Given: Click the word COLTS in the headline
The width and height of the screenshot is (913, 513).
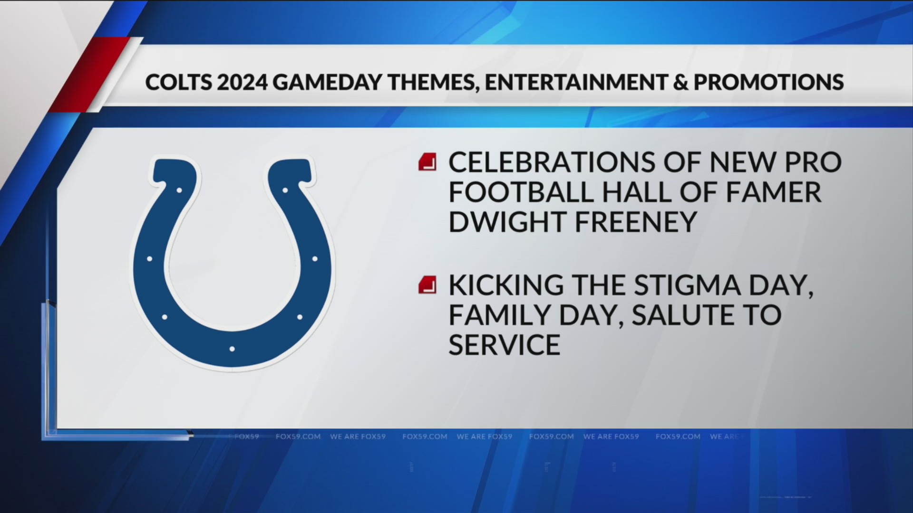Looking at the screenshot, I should coord(178,82).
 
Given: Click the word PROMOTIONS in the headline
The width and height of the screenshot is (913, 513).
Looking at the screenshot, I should coord(768,82).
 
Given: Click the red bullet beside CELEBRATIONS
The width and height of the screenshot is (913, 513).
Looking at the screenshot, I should coord(427,162).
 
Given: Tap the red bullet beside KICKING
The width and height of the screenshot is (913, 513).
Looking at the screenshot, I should coord(427,285).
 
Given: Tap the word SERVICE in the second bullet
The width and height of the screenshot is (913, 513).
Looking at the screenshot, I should coord(504,344).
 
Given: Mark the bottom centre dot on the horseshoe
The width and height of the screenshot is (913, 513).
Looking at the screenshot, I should coord(232,349).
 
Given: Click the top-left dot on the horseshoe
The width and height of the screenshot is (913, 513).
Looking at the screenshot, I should coord(179,190).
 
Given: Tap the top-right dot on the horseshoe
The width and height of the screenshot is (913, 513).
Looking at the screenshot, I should coord(285,190).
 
